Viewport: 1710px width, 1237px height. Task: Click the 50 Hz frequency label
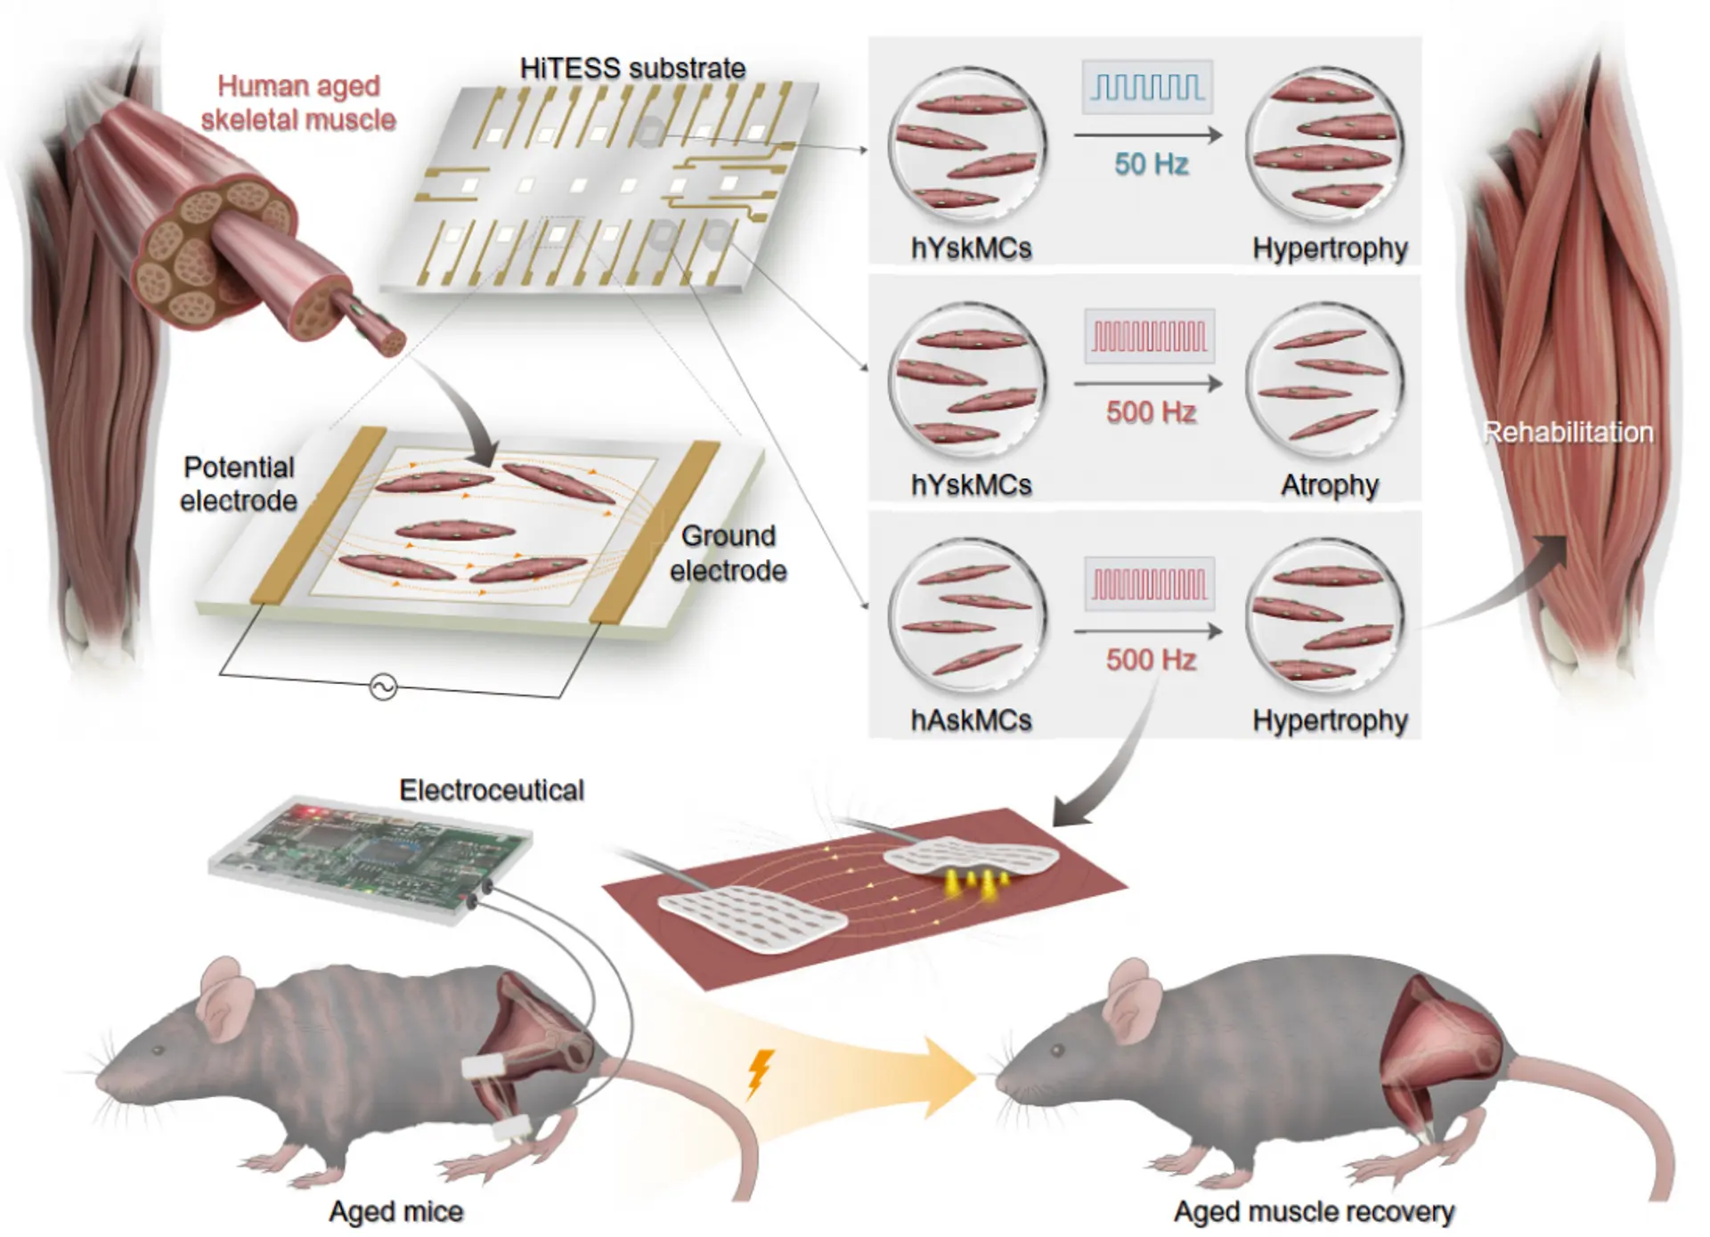click(x=1151, y=164)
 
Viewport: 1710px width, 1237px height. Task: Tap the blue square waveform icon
click(x=1147, y=87)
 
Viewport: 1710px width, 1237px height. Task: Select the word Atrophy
click(x=1329, y=485)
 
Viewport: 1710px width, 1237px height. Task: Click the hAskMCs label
click(x=971, y=720)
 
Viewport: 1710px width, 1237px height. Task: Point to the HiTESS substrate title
click(x=632, y=69)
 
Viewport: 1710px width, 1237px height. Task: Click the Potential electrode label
click(x=238, y=484)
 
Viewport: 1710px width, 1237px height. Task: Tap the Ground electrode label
click(x=728, y=553)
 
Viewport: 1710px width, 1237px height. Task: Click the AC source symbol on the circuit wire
click(x=383, y=688)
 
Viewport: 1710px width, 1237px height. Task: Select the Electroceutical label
click(x=492, y=790)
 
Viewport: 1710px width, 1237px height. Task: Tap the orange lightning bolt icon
click(x=759, y=1073)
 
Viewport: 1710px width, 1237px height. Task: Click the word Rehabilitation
click(x=1567, y=433)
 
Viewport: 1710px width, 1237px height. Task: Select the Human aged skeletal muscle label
click(x=298, y=102)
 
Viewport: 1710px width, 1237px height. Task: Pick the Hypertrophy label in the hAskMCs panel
click(x=1329, y=720)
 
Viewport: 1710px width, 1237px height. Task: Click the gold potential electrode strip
click(x=316, y=517)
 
